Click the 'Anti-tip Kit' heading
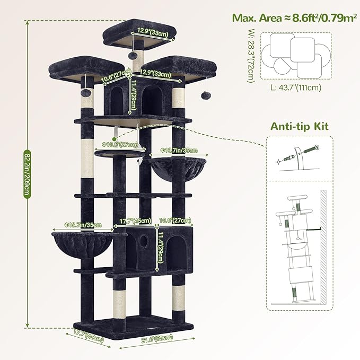(300, 127)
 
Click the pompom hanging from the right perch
(204, 95)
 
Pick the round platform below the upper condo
(121, 153)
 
